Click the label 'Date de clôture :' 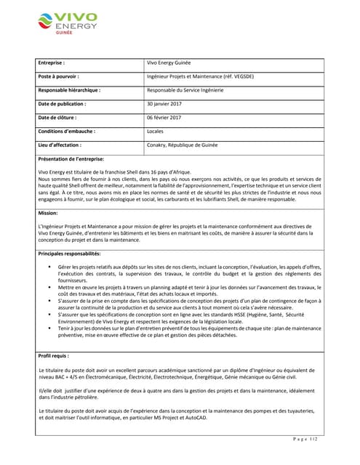click(x=57, y=118)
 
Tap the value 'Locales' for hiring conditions click(x=156, y=132)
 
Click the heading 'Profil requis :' click(x=53, y=356)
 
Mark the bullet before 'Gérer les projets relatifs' click(x=49, y=268)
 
